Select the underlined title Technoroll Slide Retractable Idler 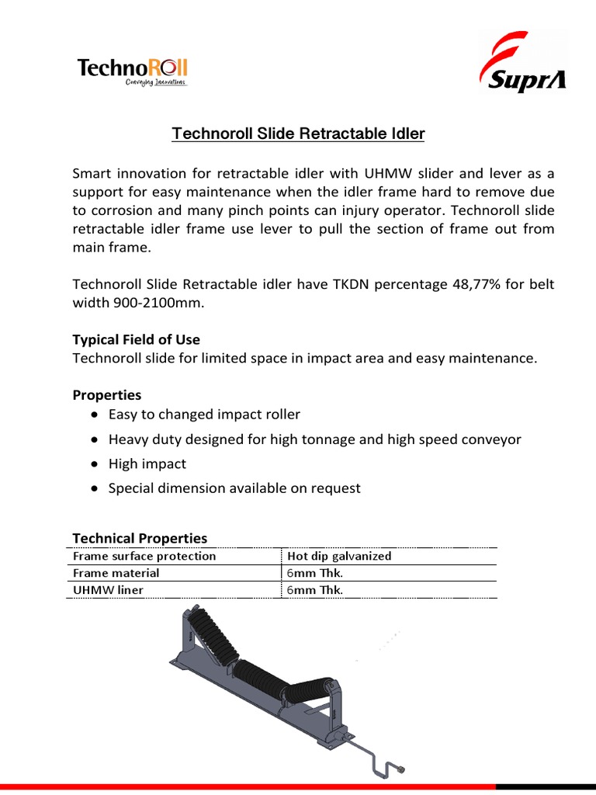tap(298, 134)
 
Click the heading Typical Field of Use tap(136, 339)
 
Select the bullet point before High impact tap(93, 464)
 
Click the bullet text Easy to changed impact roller tap(204, 415)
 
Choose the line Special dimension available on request tap(234, 488)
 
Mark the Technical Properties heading tap(140, 538)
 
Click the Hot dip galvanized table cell tap(339, 556)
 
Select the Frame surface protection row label tap(144, 556)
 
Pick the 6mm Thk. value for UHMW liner tap(315, 590)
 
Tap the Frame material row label tap(116, 573)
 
